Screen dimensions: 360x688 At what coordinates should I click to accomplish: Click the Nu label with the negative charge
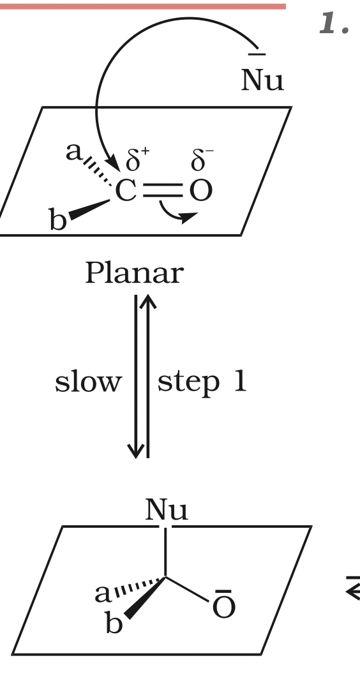point(262,75)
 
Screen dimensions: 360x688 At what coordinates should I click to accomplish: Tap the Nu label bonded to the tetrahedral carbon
point(167,510)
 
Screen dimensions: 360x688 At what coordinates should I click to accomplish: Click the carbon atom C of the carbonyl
point(126,191)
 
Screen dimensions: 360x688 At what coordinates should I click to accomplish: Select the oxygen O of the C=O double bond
point(201,191)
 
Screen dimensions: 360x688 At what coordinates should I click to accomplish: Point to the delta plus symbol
point(137,160)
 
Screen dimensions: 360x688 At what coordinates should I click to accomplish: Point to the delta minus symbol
point(202,160)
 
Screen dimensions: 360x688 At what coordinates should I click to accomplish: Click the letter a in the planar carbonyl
point(74,152)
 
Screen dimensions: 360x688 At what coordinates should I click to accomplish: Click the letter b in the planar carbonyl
point(58,219)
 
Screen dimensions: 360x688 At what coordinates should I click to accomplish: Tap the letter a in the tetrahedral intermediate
point(103,594)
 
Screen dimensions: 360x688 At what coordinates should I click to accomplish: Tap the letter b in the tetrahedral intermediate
point(114,622)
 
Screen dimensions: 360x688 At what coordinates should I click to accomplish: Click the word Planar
point(134,273)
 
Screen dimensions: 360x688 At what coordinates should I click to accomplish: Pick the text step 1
point(202,383)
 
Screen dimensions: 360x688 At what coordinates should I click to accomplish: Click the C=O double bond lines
point(163,191)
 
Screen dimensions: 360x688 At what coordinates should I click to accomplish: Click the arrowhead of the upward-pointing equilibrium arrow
point(148,301)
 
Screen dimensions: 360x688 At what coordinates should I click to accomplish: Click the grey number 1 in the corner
point(334,23)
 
